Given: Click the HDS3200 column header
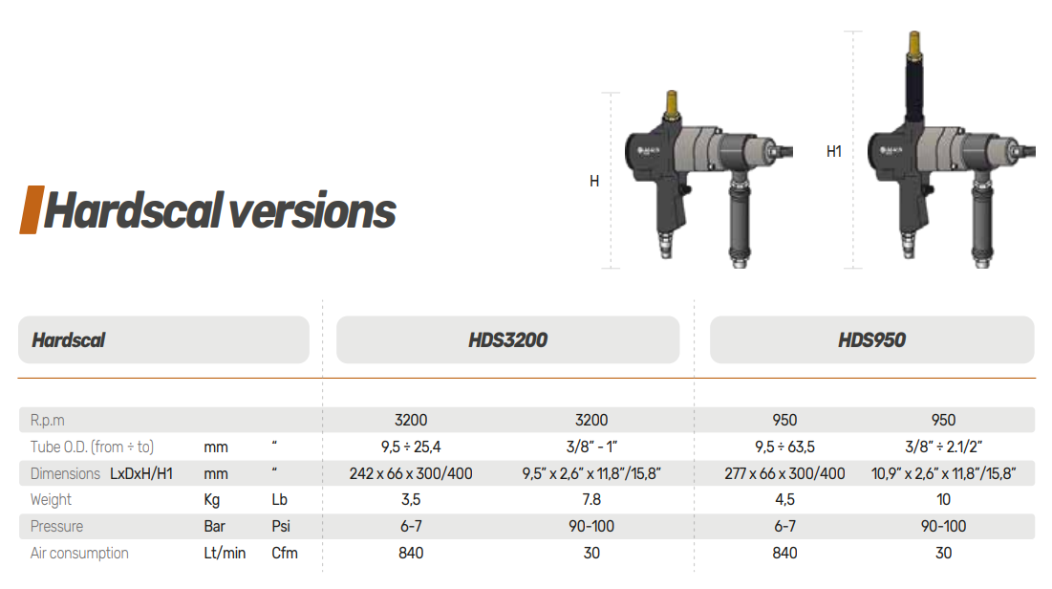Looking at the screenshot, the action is (508, 339).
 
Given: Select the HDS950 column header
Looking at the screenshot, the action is (871, 339).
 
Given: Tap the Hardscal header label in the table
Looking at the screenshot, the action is (69, 339).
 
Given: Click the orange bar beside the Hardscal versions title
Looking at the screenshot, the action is (32, 209).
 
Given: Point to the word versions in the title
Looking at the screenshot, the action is (312, 211).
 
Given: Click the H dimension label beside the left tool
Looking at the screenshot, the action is (594, 182).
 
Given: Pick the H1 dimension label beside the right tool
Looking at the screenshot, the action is (834, 152).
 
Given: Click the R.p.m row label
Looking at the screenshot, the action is (48, 421).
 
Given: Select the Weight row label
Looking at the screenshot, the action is (51, 500).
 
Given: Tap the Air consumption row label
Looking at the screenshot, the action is (79, 553).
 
